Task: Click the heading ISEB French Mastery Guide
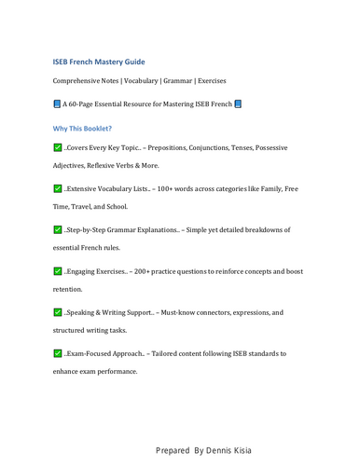coord(99,61)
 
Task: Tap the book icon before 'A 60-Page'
coord(57,103)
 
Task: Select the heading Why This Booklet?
coord(83,128)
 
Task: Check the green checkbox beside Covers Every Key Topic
coord(58,149)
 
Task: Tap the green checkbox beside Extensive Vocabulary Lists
coord(58,189)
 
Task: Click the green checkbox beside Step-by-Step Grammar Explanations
coord(58,229)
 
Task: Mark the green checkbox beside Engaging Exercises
coord(58,271)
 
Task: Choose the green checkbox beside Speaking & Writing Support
coord(58,312)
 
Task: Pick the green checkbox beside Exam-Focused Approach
coord(58,353)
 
